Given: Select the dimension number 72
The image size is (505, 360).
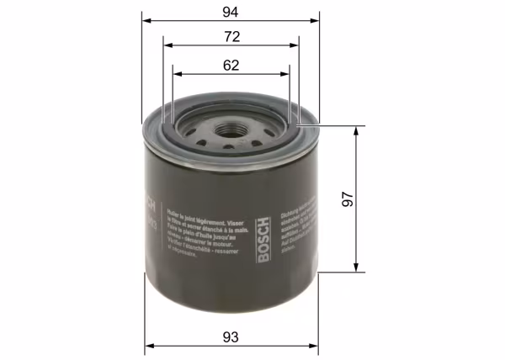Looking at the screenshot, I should pyautogui.click(x=231, y=36).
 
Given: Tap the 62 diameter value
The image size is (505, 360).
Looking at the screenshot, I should pyautogui.click(x=231, y=64).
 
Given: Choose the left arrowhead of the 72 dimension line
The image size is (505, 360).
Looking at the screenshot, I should pyautogui.click(x=167, y=46).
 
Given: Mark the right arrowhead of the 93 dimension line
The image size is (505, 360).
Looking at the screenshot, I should pyautogui.click(x=316, y=346).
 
